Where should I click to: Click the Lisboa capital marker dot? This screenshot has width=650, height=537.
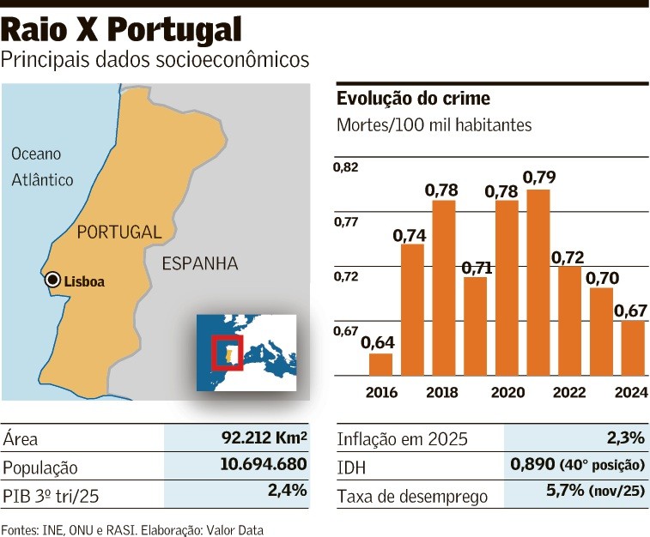click(52, 280)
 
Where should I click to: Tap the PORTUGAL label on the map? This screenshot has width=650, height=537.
click(118, 232)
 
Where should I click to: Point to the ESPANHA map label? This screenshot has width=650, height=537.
click(200, 263)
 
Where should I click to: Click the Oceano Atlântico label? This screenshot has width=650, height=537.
click(42, 167)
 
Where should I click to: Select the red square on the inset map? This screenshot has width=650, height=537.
click(228, 353)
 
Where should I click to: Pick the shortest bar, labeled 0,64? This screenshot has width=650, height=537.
click(380, 364)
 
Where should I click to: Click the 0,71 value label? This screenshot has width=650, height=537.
click(477, 268)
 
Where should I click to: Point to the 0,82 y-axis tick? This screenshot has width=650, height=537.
click(346, 166)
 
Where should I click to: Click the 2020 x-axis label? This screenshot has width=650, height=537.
click(507, 392)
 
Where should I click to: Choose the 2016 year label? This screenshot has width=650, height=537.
click(380, 392)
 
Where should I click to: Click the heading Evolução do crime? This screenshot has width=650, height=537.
click(413, 99)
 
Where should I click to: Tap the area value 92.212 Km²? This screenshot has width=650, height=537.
click(264, 438)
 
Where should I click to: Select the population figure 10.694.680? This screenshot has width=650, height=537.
click(258, 467)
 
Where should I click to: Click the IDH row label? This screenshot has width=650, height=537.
click(352, 468)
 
